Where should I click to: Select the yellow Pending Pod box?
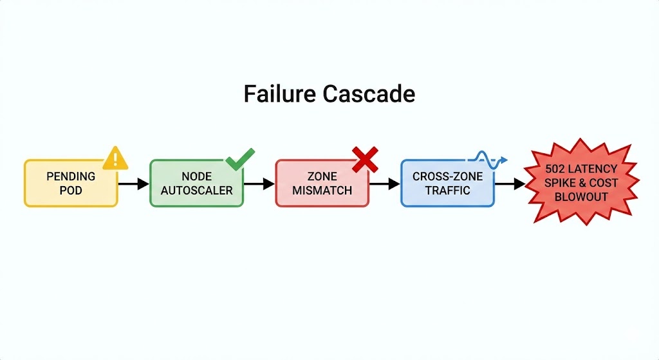pos(71,184)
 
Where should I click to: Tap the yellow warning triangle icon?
pos(115,157)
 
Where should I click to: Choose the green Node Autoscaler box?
pos(196,184)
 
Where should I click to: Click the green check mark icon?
pos(239,158)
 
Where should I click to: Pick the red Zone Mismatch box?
pos(322,184)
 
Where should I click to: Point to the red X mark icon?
pos(364,158)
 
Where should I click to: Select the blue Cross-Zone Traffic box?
pos(447,184)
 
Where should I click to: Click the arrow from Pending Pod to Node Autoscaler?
pos(133,184)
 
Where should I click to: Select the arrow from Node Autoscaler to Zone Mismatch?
pos(259,184)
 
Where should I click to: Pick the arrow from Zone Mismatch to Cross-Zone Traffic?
pos(384,184)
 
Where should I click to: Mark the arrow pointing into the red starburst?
pos(510,184)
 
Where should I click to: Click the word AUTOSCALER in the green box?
pos(196,191)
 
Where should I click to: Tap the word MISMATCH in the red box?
pos(322,191)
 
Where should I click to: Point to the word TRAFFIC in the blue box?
pos(447,191)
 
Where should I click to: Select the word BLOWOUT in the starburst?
pos(580,197)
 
